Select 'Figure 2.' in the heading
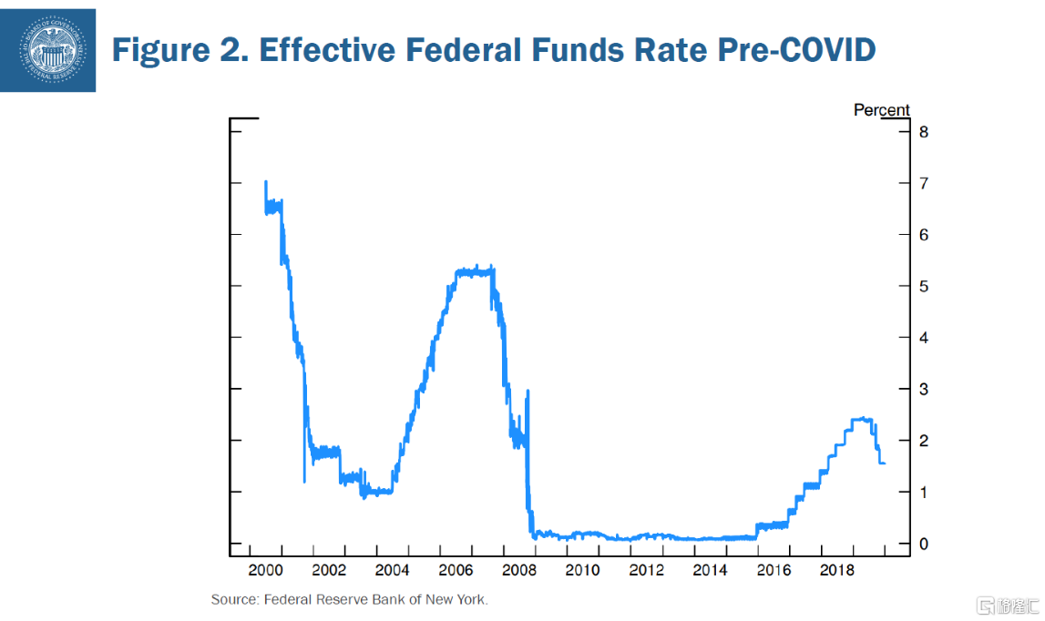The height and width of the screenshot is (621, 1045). [x=178, y=49]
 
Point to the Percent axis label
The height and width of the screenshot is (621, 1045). [x=881, y=110]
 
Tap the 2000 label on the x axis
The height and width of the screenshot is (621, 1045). [x=265, y=571]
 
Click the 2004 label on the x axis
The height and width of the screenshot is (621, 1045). [x=393, y=571]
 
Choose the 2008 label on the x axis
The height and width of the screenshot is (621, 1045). [x=519, y=571]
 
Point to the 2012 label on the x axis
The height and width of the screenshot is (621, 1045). [x=647, y=571]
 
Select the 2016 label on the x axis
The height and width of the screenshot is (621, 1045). [x=774, y=571]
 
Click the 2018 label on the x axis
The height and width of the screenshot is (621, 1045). [x=837, y=571]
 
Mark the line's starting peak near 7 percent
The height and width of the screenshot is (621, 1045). [x=265, y=182]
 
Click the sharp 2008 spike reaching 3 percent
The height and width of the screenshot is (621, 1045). [x=528, y=392]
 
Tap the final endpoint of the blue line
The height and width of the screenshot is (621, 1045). [x=885, y=463]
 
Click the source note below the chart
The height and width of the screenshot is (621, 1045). [x=350, y=599]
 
